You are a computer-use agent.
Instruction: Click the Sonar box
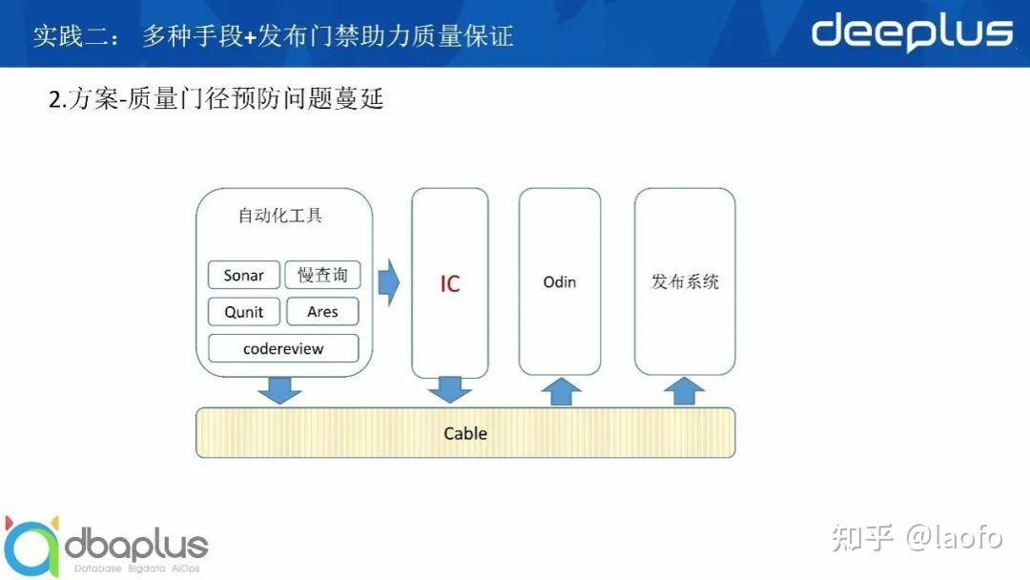[x=244, y=275]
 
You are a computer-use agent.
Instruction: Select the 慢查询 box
[x=322, y=275]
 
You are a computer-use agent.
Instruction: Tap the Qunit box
[x=244, y=312]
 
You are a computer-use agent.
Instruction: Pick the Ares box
[x=322, y=312]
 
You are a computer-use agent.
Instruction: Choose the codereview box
[x=283, y=348]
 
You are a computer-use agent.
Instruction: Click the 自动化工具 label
[x=280, y=216]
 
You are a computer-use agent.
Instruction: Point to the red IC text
[x=450, y=284]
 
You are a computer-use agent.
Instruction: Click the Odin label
[x=560, y=282]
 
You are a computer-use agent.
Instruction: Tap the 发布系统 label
[x=685, y=282]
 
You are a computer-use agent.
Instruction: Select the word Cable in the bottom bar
[x=465, y=433]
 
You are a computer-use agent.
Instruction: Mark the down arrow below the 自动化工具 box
[x=279, y=389]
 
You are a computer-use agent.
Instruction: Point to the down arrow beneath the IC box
[x=450, y=389]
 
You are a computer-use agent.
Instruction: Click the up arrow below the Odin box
[x=560, y=390]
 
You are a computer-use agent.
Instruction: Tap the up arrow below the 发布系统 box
[x=684, y=390]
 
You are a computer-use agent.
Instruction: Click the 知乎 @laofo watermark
[x=917, y=537]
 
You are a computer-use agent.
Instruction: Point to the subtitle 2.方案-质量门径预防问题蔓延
[x=216, y=98]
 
